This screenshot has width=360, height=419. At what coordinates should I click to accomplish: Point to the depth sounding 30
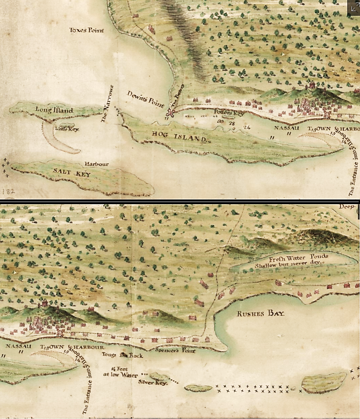[x=220, y=122]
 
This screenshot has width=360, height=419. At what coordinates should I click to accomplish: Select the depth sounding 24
[x=247, y=127]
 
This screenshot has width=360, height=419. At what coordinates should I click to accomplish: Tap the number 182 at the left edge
[x=8, y=192]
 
